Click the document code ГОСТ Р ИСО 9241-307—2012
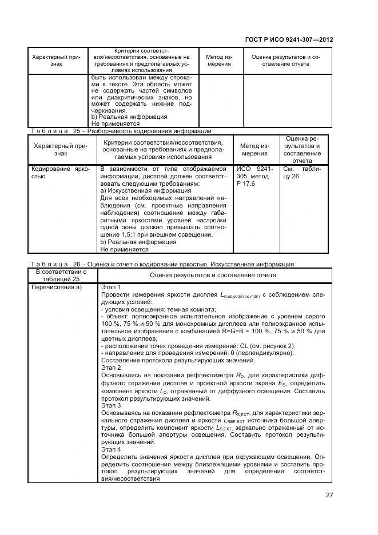293,40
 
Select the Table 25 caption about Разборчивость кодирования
120,131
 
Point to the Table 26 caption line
162,264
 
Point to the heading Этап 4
111,450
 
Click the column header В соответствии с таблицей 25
61,275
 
